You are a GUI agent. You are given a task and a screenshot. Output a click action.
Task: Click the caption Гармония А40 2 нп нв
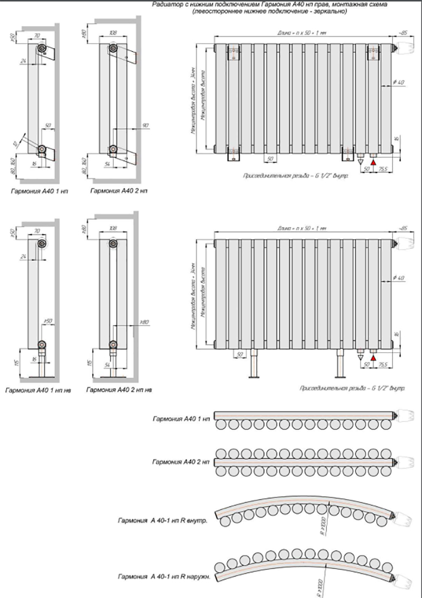pyautogui.click(x=119, y=390)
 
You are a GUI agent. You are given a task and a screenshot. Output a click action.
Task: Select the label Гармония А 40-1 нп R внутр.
pyautogui.click(x=163, y=520)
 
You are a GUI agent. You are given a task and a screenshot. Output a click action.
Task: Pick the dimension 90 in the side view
pyautogui.click(x=145, y=125)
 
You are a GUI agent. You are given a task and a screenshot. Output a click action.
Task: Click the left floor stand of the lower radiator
pyautogui.click(x=255, y=364)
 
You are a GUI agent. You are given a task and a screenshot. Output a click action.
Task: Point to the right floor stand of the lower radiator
pyautogui.click(x=340, y=364)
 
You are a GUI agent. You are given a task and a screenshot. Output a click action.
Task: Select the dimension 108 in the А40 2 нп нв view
pyautogui.click(x=113, y=229)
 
